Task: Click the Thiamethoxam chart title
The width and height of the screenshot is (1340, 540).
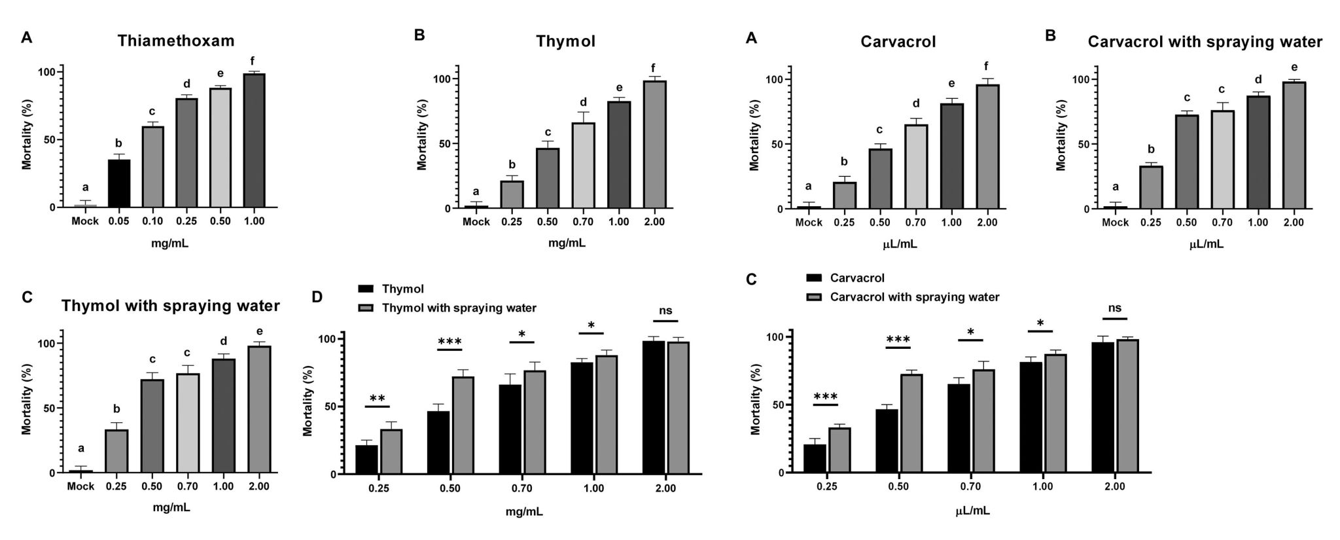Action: tap(176, 41)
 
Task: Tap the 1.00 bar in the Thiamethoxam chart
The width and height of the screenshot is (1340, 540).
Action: tap(254, 140)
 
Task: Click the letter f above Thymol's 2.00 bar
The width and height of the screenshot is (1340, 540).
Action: tap(653, 67)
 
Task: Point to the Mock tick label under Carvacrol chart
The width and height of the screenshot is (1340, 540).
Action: tap(809, 223)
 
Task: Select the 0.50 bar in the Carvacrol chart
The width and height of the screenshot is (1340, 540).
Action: tap(880, 179)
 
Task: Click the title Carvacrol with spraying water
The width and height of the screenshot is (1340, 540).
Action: tap(1205, 43)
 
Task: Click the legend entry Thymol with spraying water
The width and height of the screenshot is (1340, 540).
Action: tap(459, 308)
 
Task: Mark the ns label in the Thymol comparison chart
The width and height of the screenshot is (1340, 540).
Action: tap(665, 311)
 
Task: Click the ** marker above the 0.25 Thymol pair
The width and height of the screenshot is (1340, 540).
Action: tap(377, 399)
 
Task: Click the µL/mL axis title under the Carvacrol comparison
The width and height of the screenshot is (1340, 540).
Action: tap(970, 511)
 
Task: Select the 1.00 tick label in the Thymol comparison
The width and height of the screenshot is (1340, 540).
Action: tap(593, 489)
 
